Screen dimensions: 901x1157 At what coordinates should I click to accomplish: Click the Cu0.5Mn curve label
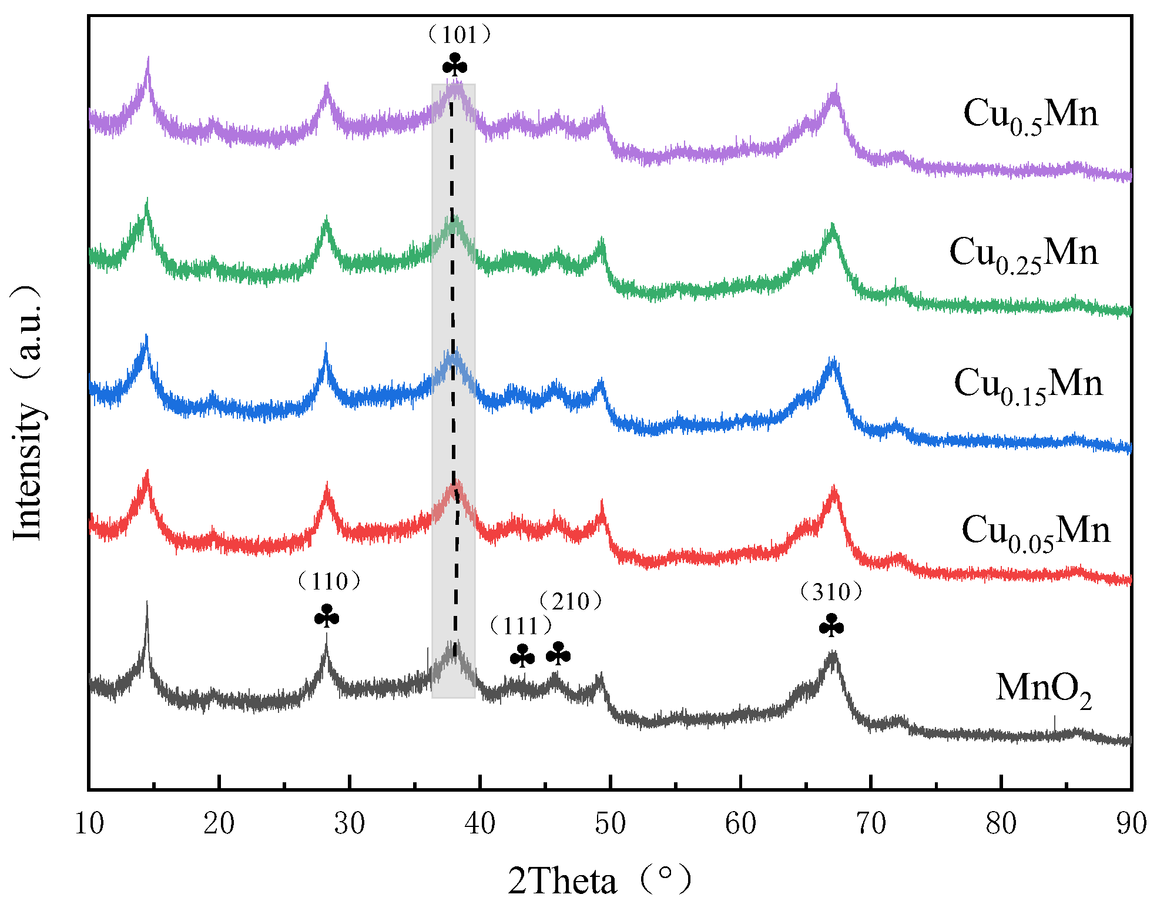pos(1030,115)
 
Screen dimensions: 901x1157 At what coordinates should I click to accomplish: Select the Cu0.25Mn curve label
pos(1023,254)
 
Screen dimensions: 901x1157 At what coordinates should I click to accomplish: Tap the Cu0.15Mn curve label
pos(1028,386)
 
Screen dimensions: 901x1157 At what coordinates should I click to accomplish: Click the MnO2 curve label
pos(1043,689)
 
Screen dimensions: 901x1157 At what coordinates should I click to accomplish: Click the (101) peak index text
pos(459,35)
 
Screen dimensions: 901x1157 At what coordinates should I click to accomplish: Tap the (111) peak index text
pos(521,626)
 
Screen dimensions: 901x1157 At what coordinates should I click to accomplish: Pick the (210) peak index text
pos(571,601)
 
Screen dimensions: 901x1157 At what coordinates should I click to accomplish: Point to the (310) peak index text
pos(831,592)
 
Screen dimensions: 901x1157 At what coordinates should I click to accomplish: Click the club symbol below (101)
pos(455,65)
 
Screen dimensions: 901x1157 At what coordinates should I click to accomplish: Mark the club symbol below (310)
pos(831,626)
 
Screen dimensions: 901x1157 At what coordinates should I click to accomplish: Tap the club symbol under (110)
pos(327,617)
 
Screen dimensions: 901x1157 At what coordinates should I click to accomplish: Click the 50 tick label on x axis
pos(610,824)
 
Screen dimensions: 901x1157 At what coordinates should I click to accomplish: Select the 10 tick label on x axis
pos(89,824)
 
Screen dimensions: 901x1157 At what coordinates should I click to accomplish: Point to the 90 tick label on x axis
pos(1131,824)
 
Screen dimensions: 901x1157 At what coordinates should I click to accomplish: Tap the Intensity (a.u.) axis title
pos(28,411)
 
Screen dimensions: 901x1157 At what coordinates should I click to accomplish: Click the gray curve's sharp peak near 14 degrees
pos(146,605)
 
